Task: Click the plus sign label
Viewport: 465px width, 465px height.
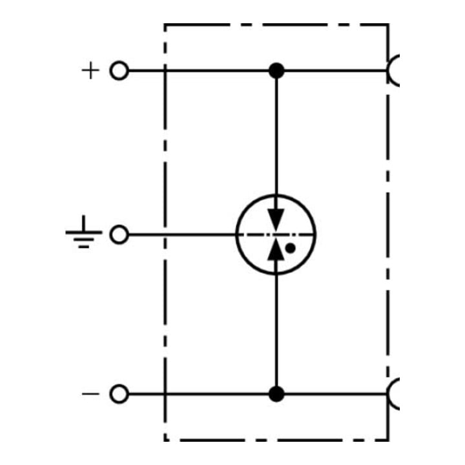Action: coord(90,70)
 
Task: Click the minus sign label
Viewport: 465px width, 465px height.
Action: coord(90,394)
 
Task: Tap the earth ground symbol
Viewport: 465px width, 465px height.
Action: coord(84,232)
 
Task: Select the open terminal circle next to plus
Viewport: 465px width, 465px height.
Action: coord(119,70)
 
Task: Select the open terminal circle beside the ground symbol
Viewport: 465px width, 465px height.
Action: coord(119,234)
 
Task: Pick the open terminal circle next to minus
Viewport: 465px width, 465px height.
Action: coord(119,394)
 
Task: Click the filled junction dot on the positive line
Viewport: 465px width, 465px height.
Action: coord(276,70)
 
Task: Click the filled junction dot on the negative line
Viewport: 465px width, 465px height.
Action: coord(276,394)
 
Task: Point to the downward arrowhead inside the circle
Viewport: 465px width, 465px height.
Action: coord(276,220)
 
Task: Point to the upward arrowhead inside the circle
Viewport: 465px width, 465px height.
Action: coord(276,249)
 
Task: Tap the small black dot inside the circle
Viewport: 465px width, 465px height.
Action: coord(290,248)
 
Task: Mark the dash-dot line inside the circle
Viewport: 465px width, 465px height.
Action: coord(276,234)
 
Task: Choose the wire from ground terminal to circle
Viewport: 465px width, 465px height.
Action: coord(182,234)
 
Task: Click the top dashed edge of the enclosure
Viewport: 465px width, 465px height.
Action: coord(276,25)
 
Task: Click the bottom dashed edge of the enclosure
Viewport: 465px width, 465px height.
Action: coord(276,440)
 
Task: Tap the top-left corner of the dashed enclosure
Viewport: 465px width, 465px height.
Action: coord(165,25)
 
